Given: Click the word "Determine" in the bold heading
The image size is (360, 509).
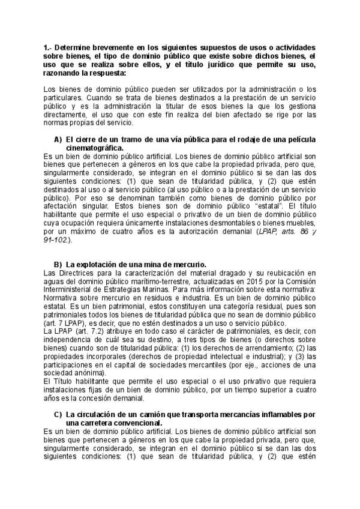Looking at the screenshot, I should coord(77,47).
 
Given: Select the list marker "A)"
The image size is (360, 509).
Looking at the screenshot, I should coord(58,139).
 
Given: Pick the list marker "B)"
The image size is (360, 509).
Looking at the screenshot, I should coord(58,264).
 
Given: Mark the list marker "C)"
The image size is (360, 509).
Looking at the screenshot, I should coord(58,414).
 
